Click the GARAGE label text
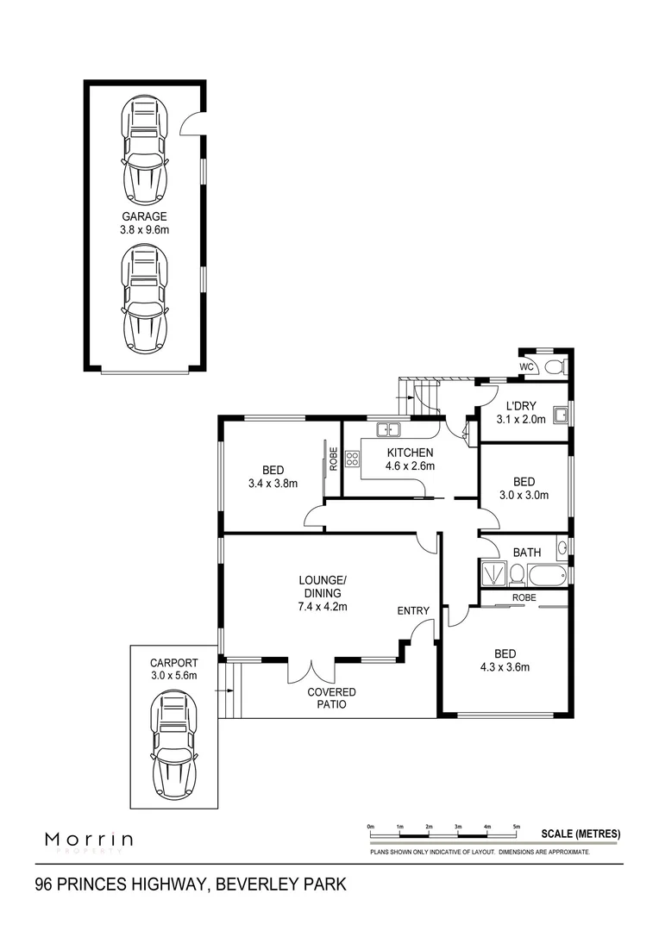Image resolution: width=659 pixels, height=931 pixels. [x=144, y=217]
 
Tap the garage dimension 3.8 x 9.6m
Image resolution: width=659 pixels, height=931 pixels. [x=144, y=230]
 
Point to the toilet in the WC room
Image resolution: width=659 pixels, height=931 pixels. [x=554, y=367]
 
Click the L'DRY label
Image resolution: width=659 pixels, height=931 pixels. [x=521, y=407]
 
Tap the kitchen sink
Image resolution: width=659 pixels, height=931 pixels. [x=387, y=428]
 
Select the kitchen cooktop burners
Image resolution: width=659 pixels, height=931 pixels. [x=352, y=459]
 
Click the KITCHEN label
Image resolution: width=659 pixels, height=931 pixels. [x=410, y=453]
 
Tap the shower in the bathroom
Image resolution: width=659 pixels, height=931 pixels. [x=494, y=573]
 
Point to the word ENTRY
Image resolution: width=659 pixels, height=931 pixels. [x=413, y=611]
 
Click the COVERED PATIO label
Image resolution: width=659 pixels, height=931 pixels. [x=332, y=698]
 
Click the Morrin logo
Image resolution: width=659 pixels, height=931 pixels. [x=89, y=839]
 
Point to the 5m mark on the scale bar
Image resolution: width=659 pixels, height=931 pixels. [x=517, y=828]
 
